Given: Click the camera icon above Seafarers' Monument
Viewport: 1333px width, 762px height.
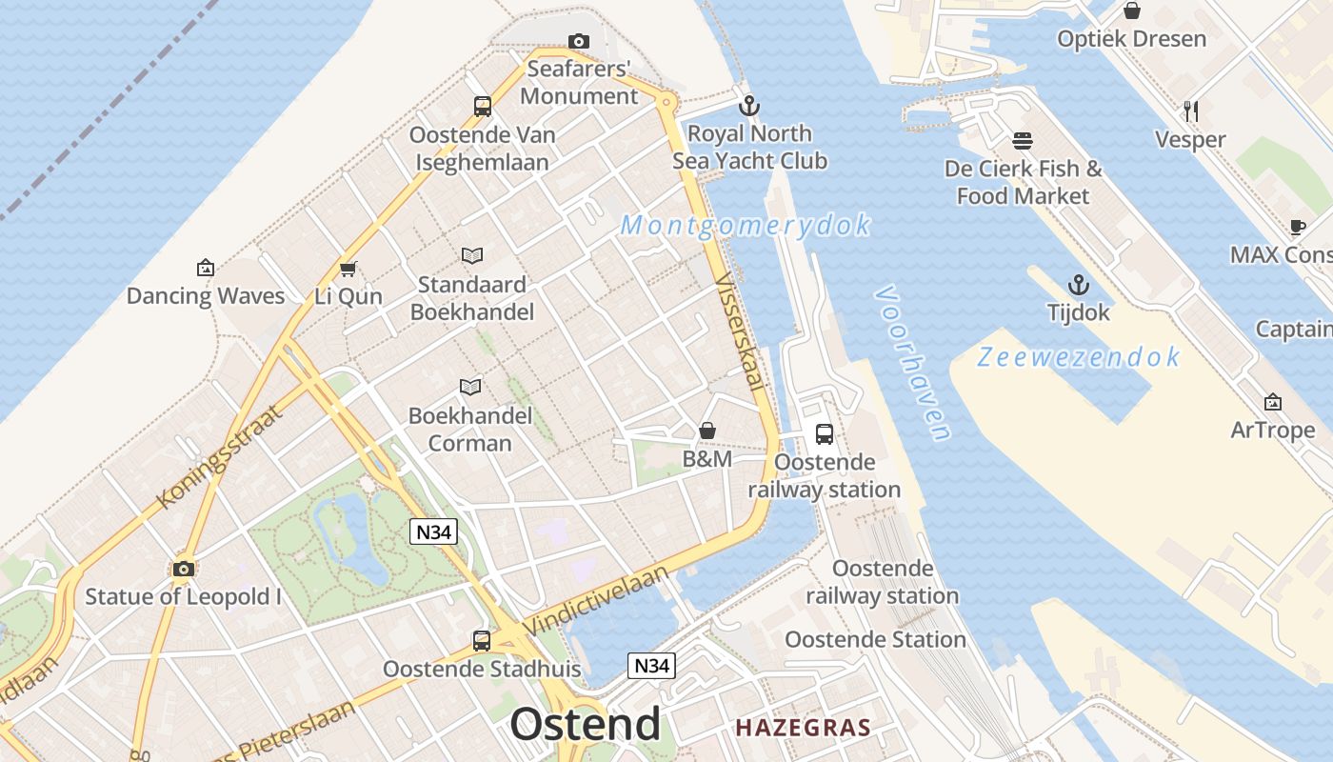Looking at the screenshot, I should tap(578, 41).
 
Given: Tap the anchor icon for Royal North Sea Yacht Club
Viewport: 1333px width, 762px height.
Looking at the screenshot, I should tap(749, 105).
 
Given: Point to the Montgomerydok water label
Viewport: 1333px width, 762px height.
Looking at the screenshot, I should tap(746, 226).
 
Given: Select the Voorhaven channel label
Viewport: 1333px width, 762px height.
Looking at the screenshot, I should tap(912, 363).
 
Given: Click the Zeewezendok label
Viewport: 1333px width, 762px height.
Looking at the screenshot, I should tap(1079, 357).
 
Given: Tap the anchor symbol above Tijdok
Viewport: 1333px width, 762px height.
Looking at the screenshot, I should tap(1078, 285).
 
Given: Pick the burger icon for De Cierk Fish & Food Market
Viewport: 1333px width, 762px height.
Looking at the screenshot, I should tap(1023, 141).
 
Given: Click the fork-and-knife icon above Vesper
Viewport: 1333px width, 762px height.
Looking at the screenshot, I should tap(1190, 111).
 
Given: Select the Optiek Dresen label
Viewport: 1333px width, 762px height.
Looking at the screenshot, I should tap(1131, 39).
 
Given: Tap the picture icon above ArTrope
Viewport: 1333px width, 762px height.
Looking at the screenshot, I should tap(1272, 403).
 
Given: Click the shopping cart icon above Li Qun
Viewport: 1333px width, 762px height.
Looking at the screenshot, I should tap(348, 269).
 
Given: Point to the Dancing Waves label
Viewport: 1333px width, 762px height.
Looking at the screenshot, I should tap(206, 295).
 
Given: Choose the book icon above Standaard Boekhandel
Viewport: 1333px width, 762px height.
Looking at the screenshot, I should tap(471, 255).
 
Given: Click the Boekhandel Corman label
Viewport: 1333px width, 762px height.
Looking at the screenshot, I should tap(470, 429).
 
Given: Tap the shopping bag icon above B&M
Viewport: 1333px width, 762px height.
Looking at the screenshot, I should tap(707, 431).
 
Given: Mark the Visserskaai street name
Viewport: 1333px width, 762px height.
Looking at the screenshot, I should tap(741, 332).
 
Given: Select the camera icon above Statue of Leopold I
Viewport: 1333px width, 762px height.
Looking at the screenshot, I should tap(184, 570).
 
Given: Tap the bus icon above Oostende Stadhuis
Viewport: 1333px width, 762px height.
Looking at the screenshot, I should tap(482, 640).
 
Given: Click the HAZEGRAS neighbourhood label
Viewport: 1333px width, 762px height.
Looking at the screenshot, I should tap(803, 729).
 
